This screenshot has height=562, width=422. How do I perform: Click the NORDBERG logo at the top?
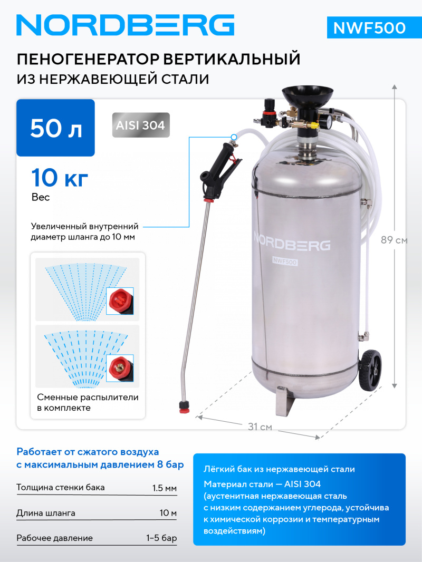tap(125, 25)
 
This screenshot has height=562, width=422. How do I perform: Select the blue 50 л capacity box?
tap(56, 128)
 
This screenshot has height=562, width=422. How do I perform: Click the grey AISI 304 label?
tap(141, 125)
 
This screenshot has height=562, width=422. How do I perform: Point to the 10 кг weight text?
tap(59, 179)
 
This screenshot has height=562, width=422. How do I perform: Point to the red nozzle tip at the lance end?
tap(185, 406)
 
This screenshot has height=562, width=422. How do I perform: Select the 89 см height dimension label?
tap(394, 240)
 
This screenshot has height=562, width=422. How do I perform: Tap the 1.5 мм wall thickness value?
tap(164, 488)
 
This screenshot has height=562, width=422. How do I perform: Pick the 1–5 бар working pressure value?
tap(162, 538)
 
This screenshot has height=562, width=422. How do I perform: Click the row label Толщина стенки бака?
tap(61, 488)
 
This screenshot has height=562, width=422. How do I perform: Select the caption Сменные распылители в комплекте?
tap(88, 402)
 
